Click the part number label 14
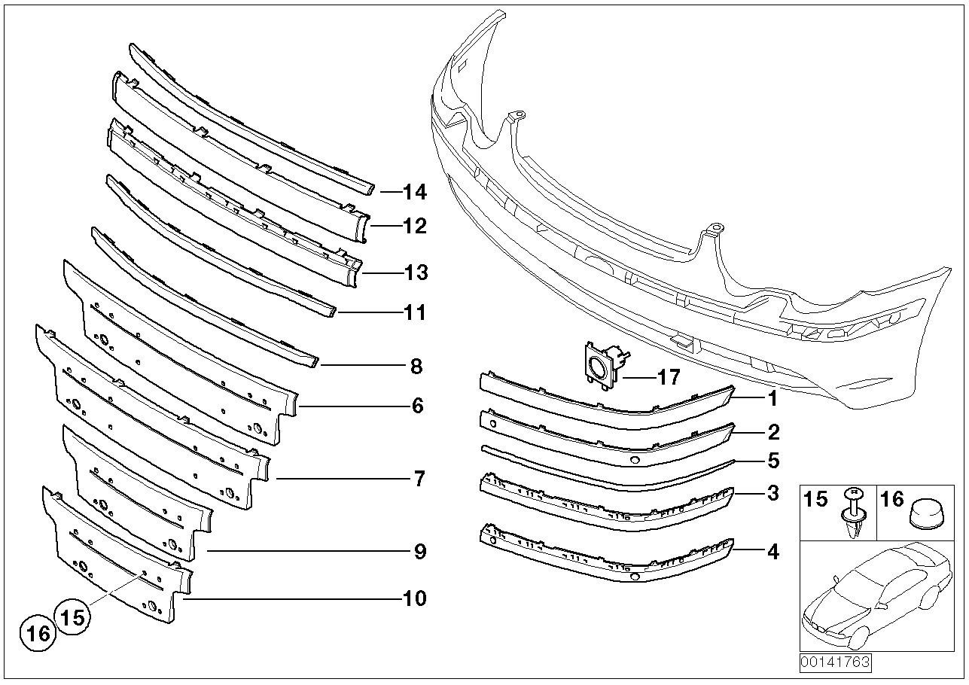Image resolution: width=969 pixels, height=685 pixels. coord(414,193)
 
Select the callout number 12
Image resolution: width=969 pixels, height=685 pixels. coord(414,226)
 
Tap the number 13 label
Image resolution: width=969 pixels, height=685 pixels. coord(414,272)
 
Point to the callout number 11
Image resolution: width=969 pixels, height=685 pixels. coord(414,312)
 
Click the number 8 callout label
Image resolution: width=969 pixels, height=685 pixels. coord(416,367)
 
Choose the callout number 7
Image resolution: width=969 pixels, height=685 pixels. coord(419,479)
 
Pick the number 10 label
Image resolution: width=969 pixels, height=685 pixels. coord(414,599)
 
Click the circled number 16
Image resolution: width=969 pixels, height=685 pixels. coord(38,634)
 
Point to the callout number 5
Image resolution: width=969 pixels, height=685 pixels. coord(772,460)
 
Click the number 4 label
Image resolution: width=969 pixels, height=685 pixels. coord(772,553)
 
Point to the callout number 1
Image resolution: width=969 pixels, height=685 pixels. coord(772,400)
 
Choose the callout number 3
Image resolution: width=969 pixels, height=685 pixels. coord(772,495)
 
